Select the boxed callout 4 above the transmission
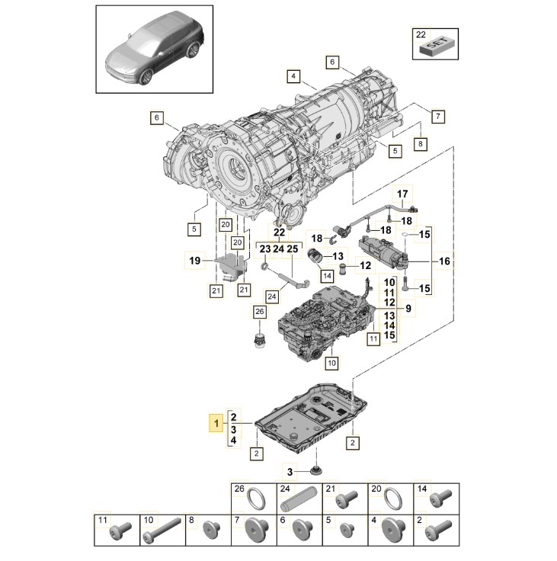click(293, 75)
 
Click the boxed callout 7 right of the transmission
click(437, 117)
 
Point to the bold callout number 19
click(195, 261)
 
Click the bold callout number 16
click(445, 261)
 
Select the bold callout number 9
click(408, 309)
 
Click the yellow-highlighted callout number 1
click(217, 422)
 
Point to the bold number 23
click(264, 248)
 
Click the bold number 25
click(293, 248)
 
